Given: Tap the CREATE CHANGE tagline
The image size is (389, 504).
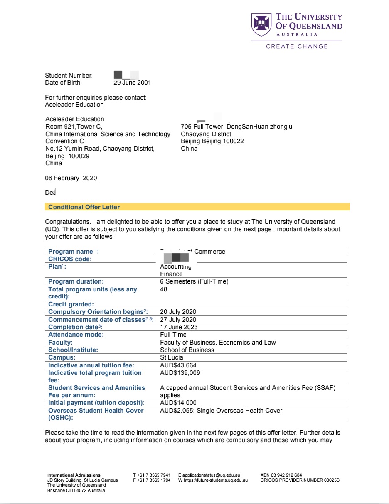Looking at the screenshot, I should (297, 46).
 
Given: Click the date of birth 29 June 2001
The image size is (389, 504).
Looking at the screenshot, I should (132, 83).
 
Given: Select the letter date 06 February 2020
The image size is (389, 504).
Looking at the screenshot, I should (71, 178).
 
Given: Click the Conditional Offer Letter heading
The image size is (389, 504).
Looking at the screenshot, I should (84, 207).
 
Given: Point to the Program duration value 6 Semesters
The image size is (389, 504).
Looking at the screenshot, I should (194, 281).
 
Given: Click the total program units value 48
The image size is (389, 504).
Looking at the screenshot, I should (164, 289).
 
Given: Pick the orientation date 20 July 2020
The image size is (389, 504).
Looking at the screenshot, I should (178, 312).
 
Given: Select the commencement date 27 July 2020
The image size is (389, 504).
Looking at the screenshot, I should (178, 320).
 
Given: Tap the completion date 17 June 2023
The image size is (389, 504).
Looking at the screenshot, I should (179, 327).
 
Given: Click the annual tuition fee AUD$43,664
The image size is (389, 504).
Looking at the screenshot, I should (178, 365).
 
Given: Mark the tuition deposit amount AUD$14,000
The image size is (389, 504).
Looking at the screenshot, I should (178, 403).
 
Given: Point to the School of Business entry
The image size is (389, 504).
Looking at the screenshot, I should (187, 350).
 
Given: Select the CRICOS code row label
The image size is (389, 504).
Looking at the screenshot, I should (70, 259).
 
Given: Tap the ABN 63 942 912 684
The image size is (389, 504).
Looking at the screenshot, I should (281, 475).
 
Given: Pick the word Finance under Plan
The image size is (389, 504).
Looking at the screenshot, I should (171, 274).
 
